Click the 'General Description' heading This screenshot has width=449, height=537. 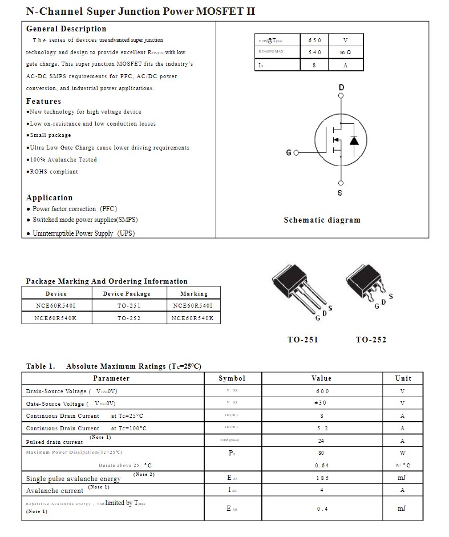[66, 29]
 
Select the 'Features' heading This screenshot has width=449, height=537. [43, 101]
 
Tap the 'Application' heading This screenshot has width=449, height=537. [50, 197]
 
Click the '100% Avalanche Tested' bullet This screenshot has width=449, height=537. [63, 160]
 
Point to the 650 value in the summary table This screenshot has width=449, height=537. [315, 40]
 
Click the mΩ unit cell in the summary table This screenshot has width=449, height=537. [346, 53]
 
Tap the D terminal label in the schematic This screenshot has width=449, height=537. [341, 87]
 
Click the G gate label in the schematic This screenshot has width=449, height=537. [289, 153]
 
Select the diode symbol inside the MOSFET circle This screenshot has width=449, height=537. [354, 140]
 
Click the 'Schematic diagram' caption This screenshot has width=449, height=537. [322, 220]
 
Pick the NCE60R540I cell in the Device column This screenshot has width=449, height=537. [56, 306]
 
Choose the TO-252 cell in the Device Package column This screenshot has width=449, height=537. [129, 318]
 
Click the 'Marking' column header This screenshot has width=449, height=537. [194, 294]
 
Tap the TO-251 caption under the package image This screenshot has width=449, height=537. [302, 340]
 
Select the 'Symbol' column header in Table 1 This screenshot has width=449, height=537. [232, 378]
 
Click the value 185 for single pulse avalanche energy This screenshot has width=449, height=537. [322, 478]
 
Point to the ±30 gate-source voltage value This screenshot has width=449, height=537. [322, 403]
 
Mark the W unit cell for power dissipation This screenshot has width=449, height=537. [402, 453]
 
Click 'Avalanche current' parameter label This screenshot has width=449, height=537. [55, 490]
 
